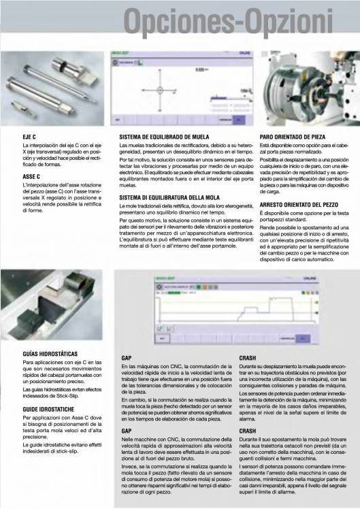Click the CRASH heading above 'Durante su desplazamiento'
pyautogui.click(x=248, y=357)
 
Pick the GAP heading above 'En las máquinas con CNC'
pyautogui.click(x=126, y=357)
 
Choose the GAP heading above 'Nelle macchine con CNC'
pyautogui.click(x=126, y=431)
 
